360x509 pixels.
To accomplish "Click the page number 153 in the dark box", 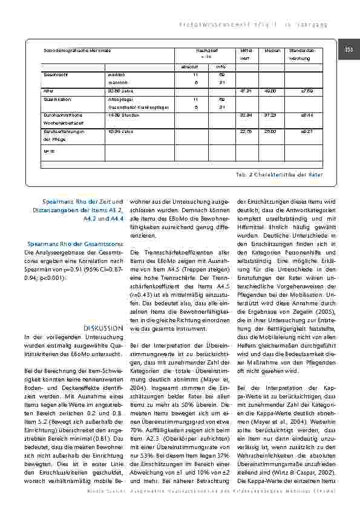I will click(x=349, y=49).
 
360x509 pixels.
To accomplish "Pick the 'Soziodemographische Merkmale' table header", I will click(x=70, y=50).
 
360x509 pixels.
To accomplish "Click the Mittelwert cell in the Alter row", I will click(x=245, y=91).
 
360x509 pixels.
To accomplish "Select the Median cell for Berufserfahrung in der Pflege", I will click(x=270, y=130).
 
